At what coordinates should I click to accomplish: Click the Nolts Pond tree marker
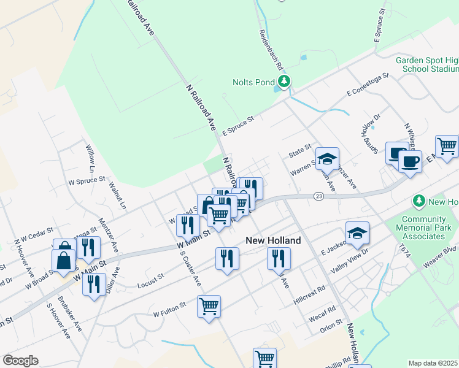point(283,82)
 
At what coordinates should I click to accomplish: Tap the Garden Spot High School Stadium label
point(427,64)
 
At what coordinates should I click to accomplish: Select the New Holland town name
point(273,240)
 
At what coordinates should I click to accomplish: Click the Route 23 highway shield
point(318,196)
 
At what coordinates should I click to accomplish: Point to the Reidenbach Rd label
point(271,48)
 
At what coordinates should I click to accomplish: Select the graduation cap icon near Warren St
point(327,159)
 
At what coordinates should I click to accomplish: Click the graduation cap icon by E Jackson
point(357,233)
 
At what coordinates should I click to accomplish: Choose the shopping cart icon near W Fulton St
point(209,305)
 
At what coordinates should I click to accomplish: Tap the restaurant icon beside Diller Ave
point(93,285)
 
